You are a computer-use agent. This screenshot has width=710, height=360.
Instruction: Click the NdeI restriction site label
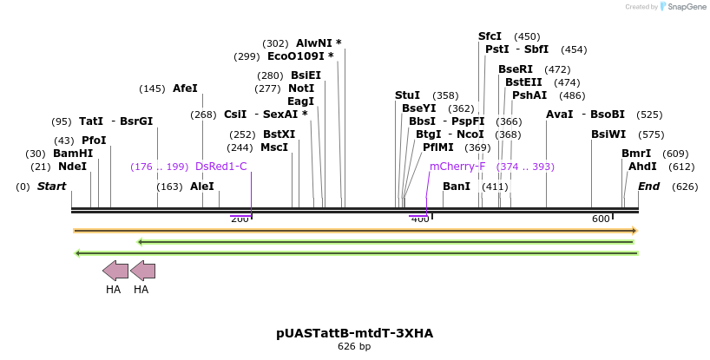72,167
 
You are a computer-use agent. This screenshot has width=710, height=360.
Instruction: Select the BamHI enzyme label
73,154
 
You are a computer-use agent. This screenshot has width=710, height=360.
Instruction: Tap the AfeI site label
185,88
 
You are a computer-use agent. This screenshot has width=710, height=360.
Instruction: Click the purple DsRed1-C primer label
220,167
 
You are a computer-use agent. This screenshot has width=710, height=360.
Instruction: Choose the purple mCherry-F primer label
457,167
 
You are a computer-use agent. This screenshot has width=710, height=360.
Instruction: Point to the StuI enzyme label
407,95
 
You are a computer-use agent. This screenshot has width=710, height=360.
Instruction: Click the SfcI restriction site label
490,36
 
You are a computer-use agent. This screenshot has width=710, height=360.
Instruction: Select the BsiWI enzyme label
608,134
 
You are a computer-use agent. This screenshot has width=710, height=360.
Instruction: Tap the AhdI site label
642,167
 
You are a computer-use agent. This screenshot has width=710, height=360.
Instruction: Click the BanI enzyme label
456,187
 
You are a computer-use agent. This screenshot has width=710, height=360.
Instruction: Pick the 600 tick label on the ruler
600,219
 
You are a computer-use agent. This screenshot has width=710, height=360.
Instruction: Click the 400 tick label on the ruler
419,219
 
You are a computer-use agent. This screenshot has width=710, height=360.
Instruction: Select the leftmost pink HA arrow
115,271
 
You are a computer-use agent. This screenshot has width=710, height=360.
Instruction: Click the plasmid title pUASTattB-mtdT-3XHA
354,333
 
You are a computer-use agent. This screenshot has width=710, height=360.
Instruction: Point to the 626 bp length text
354,347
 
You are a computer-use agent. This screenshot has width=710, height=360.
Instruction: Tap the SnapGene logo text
684,7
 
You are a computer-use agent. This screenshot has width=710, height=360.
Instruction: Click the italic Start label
51,187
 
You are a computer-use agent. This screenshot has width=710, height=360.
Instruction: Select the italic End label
648,187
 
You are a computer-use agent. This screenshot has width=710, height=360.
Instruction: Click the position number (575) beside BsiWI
650,134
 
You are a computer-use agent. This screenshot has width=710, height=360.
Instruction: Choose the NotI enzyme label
301,88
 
